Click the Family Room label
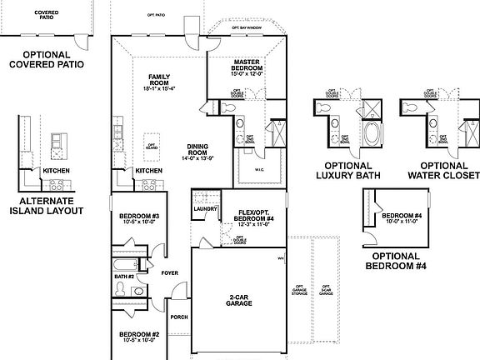(159, 80)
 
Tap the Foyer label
(168, 272)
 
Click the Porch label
(178, 317)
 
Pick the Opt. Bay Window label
(247, 28)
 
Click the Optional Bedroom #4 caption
(398, 261)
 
